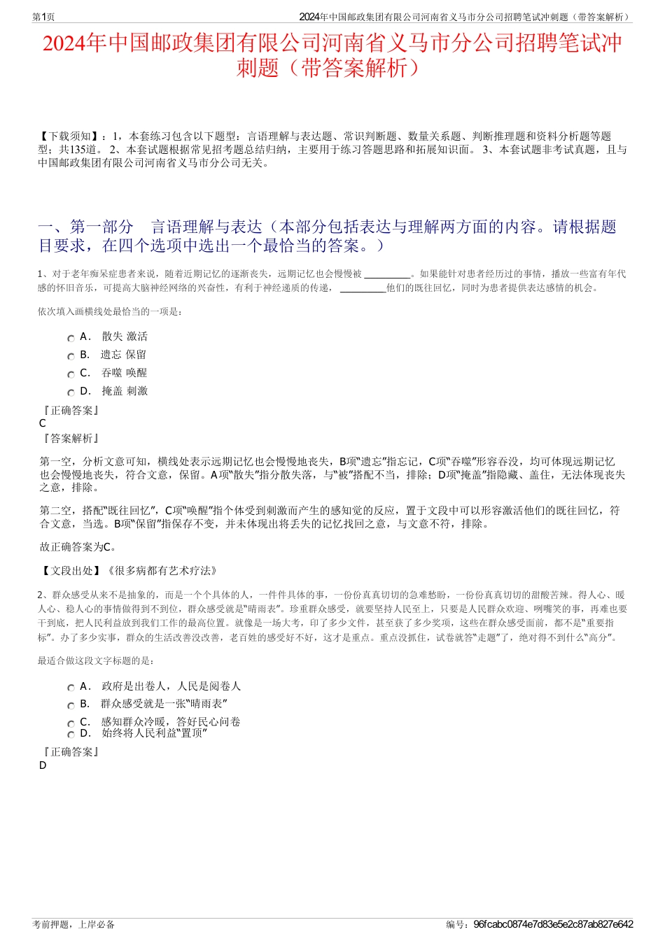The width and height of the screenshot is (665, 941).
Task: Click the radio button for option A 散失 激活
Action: pos(71,338)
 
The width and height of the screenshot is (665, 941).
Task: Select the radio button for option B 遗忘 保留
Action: pos(71,356)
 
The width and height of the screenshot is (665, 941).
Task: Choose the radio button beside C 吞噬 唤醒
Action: pos(71,374)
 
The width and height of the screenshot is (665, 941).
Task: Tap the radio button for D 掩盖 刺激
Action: pos(71,392)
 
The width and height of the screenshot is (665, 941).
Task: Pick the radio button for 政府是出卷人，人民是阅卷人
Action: pos(71,688)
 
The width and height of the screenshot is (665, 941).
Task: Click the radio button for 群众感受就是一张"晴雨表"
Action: pos(71,705)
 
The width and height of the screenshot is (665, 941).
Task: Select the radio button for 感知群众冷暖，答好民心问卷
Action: pos(71,723)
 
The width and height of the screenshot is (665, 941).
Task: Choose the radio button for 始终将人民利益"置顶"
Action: pos(71,735)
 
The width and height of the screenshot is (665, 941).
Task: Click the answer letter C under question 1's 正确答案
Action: pos(43,423)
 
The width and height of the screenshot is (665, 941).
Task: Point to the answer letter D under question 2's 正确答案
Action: pos(43,765)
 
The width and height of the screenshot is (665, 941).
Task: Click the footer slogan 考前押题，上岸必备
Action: pos(73,924)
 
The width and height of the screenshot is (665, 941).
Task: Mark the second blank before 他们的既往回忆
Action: pos(363,288)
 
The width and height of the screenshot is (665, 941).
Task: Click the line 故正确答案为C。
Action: pos(78,547)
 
